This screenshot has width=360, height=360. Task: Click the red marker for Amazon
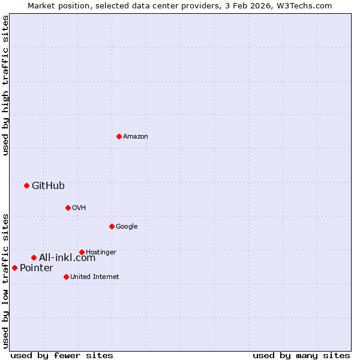tap(119, 136)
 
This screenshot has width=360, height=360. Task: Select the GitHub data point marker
tap(26, 185)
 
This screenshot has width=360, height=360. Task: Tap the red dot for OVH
tap(68, 208)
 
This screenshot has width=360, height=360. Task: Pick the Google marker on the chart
tap(112, 226)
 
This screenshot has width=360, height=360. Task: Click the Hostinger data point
tap(82, 252)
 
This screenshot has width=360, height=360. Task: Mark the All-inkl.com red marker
tap(34, 257)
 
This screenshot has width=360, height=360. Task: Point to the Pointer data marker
tap(14, 268)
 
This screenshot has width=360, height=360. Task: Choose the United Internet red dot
tap(66, 277)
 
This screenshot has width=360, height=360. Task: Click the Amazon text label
tap(136, 137)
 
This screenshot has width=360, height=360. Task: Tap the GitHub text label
tap(48, 185)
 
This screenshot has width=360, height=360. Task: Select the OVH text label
tap(79, 208)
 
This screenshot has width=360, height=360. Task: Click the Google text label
tap(127, 227)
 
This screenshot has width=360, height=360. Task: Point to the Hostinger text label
tap(101, 253)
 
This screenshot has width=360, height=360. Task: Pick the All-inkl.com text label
tap(67, 258)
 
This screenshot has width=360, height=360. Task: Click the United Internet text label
tap(94, 277)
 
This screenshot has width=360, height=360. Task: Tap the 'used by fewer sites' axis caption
tap(62, 355)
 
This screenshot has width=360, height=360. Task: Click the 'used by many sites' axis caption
tap(301, 355)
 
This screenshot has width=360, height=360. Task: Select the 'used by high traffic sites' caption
tap(6, 85)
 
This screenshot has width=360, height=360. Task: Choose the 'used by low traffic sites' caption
tap(6, 280)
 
